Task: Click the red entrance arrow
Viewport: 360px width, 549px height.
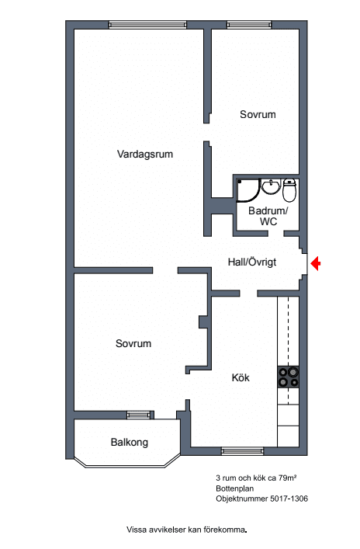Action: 316,263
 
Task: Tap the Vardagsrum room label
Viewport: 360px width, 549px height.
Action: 145,154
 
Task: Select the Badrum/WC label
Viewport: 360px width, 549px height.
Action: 268,216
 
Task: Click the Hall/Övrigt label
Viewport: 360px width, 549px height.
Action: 252,262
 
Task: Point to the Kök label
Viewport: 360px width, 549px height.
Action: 241,377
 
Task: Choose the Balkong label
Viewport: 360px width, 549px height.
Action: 129,442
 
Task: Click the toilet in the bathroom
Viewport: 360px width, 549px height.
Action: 289,189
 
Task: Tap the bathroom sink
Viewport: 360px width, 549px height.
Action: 271,186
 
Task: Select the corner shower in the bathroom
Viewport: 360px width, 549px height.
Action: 248,190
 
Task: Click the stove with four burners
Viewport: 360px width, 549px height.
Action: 289,377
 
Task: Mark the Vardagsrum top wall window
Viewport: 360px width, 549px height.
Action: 147,25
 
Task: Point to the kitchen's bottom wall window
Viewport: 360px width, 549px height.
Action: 242,451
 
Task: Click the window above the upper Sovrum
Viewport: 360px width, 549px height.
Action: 249,25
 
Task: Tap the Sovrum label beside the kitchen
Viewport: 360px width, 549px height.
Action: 133,343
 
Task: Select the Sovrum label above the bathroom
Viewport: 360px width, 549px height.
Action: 258,114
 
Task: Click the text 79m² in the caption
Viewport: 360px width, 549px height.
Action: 288,478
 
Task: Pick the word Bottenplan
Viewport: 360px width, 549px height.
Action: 235,488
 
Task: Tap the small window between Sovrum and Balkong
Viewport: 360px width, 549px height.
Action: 140,415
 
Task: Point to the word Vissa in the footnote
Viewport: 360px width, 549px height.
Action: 137,530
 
